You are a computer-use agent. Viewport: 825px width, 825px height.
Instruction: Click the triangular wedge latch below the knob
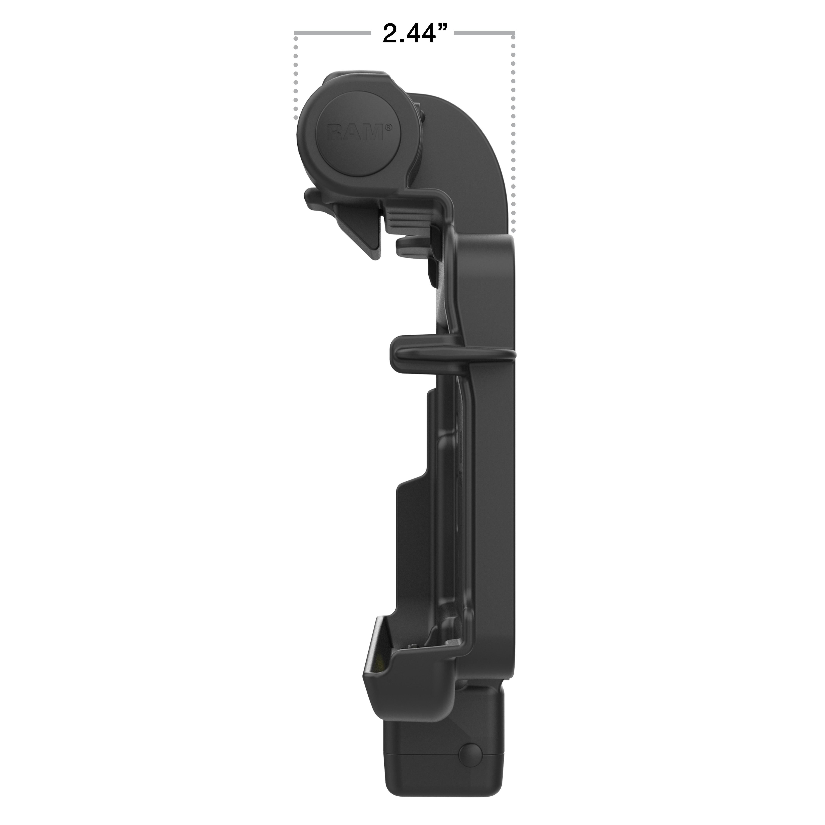click(x=359, y=231)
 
